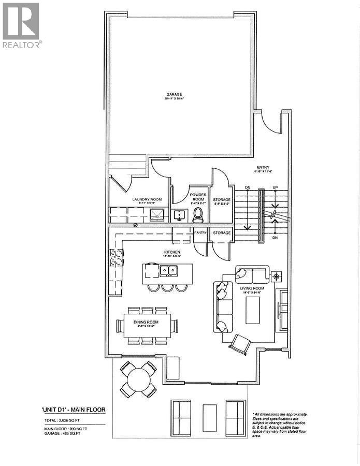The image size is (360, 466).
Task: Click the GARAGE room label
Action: pyautogui.click(x=174, y=95)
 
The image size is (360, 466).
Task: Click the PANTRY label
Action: pyautogui.click(x=200, y=233)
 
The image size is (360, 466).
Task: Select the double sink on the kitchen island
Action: pyautogui.click(x=167, y=270)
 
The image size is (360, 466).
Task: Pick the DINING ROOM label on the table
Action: pyautogui.click(x=145, y=322)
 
